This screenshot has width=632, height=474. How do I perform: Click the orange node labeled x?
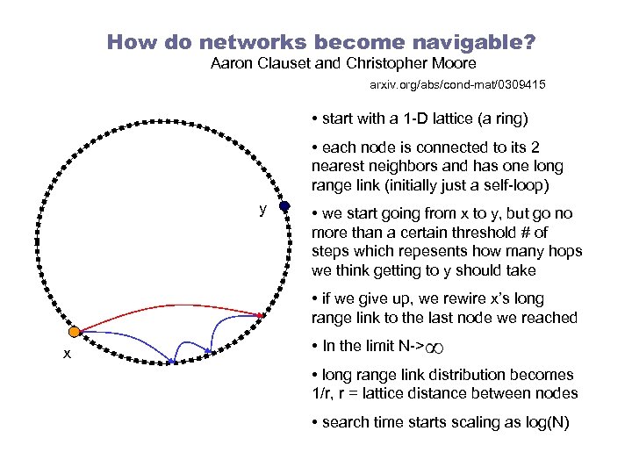75,332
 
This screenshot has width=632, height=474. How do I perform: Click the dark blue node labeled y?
284,208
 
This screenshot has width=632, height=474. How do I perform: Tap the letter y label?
262,209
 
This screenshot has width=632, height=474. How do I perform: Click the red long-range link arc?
167,306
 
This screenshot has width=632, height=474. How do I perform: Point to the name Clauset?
278,63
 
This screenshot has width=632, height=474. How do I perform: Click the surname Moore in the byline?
447,63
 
